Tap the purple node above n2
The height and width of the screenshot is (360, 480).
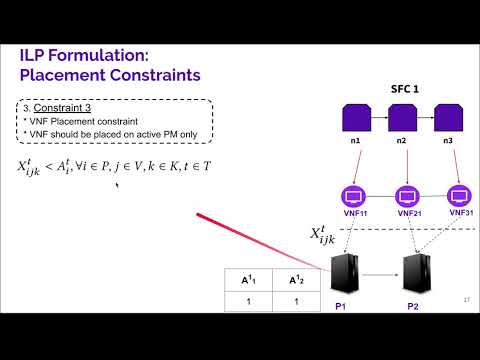[402, 120]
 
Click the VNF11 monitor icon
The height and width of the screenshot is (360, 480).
[353, 195]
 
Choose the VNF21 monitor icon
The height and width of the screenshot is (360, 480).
[408, 195]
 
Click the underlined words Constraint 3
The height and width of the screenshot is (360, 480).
[61, 107]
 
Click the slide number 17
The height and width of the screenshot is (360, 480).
[466, 300]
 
